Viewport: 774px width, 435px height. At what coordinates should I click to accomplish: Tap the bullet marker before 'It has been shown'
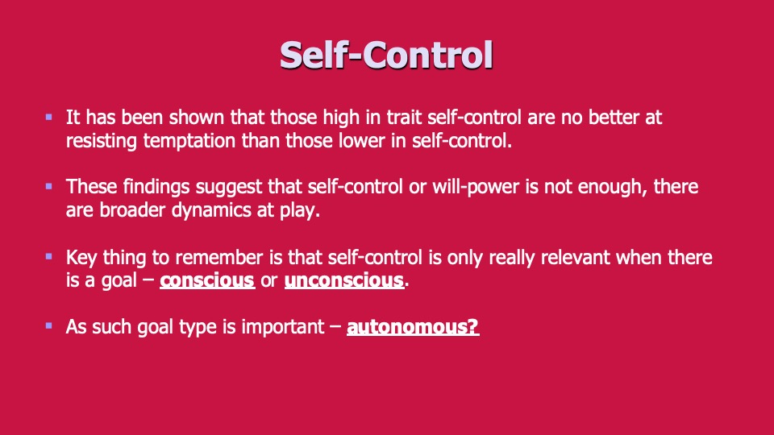[x=49, y=117]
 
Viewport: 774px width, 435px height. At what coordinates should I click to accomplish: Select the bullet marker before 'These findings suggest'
[x=49, y=186]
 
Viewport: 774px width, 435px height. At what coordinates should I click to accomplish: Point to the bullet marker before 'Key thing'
[x=49, y=256]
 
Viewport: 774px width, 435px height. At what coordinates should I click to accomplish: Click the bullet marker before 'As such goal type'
[x=49, y=325]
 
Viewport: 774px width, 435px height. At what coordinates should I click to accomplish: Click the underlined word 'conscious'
[x=207, y=280]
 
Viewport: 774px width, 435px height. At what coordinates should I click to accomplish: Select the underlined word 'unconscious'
[x=344, y=280]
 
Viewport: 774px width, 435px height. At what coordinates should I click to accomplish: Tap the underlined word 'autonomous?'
[x=413, y=326]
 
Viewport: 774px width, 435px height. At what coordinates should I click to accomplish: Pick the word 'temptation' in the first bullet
[x=189, y=141]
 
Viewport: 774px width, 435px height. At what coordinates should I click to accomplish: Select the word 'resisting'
[x=102, y=141]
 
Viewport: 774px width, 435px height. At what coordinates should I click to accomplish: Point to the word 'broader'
[x=132, y=210]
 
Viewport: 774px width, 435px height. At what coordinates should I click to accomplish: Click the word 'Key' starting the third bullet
[x=81, y=258]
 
